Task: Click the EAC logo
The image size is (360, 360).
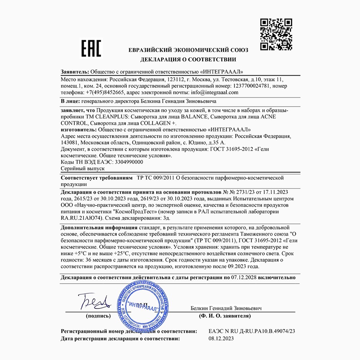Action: [x=91, y=48]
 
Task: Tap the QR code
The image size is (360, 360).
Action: [x=276, y=35]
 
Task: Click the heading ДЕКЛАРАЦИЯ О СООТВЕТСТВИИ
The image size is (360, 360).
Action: [x=188, y=59]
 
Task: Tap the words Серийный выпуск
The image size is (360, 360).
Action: [x=82, y=168]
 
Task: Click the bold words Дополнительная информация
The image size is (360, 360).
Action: [x=99, y=228]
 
